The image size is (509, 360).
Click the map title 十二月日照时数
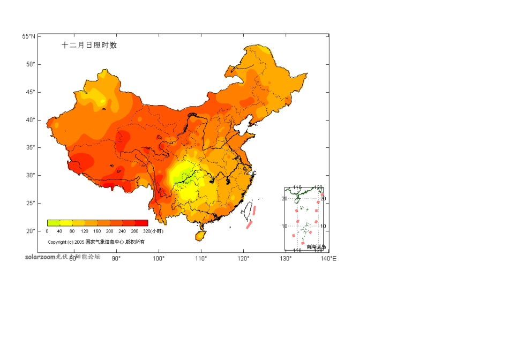[x=89, y=46]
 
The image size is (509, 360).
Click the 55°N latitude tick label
[x=29, y=36]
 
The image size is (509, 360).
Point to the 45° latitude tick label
[x=31, y=92]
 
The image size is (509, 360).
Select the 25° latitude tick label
[x=31, y=203]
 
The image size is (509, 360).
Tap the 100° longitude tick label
[x=159, y=259]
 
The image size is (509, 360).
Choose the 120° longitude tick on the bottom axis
[x=243, y=259]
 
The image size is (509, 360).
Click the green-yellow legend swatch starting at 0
[x=53, y=223]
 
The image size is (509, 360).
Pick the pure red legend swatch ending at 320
[x=141, y=223]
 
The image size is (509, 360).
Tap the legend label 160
[x=97, y=231]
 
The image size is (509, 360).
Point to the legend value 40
[x=59, y=231]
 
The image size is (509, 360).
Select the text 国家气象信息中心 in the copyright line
[x=104, y=242]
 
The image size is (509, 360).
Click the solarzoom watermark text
[x=40, y=257]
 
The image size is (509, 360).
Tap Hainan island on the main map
[x=200, y=235]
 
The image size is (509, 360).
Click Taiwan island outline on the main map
[x=249, y=210]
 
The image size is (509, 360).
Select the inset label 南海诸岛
[x=316, y=247]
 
